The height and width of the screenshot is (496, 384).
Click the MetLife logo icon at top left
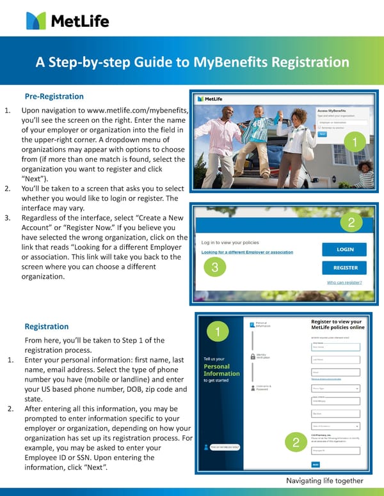(36, 20)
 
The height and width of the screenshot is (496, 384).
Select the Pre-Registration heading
(54, 97)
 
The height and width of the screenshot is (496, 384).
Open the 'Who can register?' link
(344, 282)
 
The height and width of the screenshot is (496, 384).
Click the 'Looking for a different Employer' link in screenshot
(247, 252)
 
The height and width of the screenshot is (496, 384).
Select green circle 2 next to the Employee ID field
(295, 442)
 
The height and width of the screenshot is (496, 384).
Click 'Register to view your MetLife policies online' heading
(336, 325)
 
